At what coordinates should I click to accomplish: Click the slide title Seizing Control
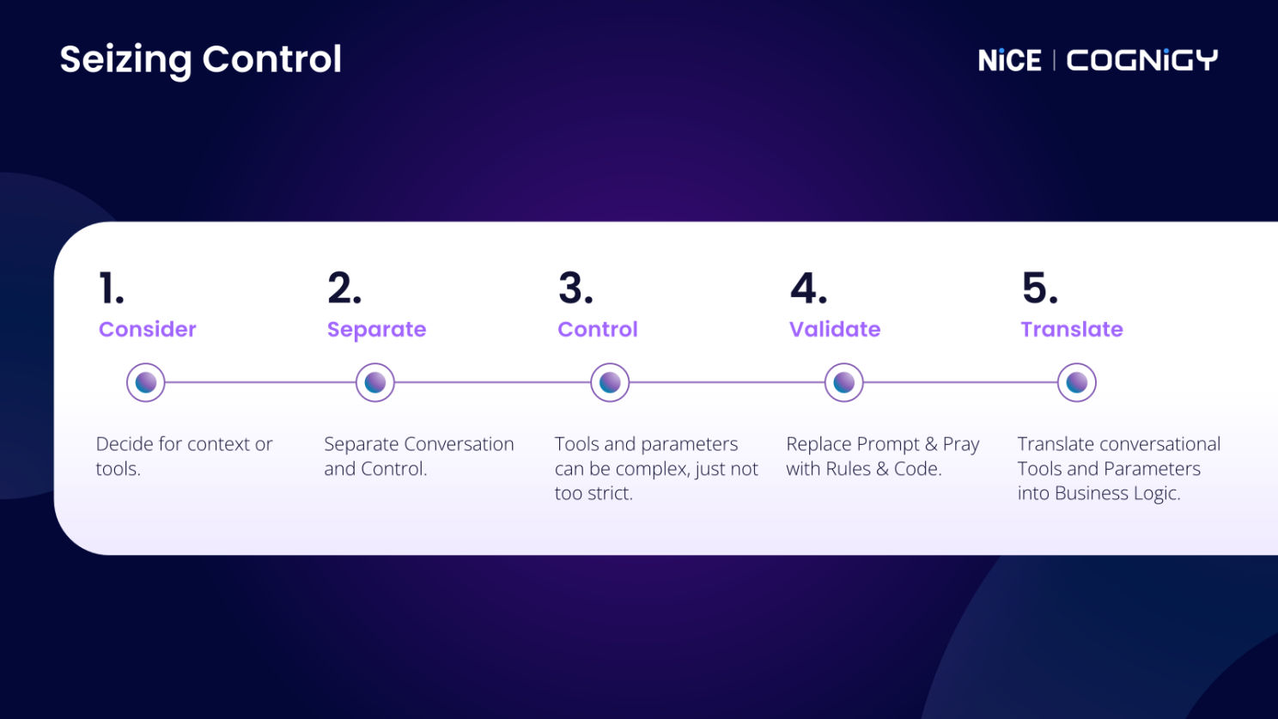point(200,59)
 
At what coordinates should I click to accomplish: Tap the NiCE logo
point(1009,60)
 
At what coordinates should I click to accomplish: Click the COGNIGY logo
point(1141,60)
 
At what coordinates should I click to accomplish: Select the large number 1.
point(111,289)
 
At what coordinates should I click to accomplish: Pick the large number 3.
point(575,289)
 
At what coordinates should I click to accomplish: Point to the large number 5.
point(1039,289)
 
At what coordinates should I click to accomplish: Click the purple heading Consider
point(147,329)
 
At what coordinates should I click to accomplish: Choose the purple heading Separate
point(376,330)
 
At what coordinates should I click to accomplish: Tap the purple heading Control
point(597,329)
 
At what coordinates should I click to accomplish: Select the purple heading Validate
point(834,329)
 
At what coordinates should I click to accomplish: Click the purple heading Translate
point(1071,329)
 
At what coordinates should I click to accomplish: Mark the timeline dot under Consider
point(145,382)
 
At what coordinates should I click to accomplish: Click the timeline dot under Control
point(610,382)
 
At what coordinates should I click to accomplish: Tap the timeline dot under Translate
point(1076,382)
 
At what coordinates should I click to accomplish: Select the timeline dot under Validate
point(843,382)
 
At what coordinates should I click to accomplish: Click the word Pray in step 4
point(960,444)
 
